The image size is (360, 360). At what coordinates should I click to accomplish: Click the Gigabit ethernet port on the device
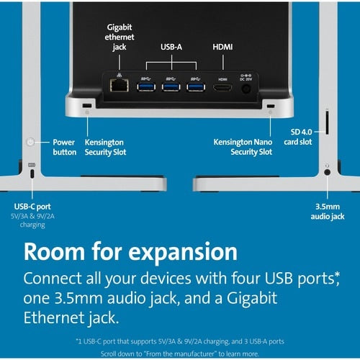pos(120,85)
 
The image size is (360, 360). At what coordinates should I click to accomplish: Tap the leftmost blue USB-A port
pos(146,86)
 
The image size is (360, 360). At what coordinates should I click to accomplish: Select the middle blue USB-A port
pos(171,86)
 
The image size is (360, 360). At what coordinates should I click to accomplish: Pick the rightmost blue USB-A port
pos(196,86)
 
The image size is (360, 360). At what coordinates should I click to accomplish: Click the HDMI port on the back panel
pos(222,87)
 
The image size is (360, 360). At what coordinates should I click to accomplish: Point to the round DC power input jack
pos(246,89)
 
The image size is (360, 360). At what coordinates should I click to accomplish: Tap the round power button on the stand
pos(30,142)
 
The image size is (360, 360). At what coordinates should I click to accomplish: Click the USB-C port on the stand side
pos(32,174)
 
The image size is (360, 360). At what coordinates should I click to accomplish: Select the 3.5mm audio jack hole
pos(327,172)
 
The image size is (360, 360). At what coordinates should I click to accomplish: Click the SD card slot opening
pos(327,122)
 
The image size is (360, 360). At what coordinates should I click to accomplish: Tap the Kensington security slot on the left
pos(87,105)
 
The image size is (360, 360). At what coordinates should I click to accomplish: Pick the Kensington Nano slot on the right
pos(271,106)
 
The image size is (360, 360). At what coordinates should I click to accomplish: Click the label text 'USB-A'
pos(171,47)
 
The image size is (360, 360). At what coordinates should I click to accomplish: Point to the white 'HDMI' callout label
pos(222,47)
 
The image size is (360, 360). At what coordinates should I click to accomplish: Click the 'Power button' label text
pos(64,147)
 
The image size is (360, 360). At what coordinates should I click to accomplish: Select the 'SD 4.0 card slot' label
pos(298,137)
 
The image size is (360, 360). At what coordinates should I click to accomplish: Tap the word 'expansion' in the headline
pos(183,252)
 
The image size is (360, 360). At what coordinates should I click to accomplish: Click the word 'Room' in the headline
pos(54,251)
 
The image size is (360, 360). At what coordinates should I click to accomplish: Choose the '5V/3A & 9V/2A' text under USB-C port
pos(32,216)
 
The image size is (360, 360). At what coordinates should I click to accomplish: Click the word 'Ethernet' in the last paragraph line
pos(53,318)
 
